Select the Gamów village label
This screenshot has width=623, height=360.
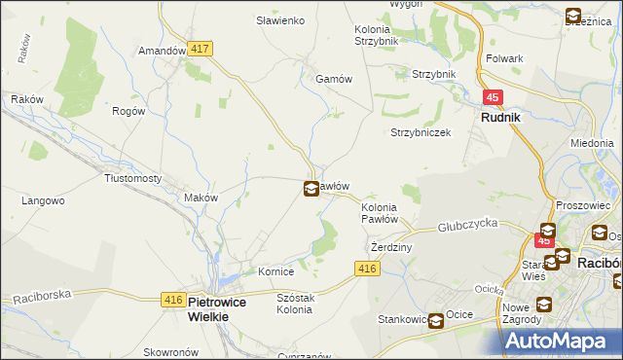pyautogui.click(x=332, y=79)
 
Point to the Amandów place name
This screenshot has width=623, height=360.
pyautogui.click(x=162, y=51)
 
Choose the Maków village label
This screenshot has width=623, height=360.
pyautogui.click(x=201, y=197)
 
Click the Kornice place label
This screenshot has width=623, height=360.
pyautogui.click(x=276, y=271)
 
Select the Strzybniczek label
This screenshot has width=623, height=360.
pyautogui.click(x=421, y=132)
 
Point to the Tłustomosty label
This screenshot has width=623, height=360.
pyautogui.click(x=132, y=178)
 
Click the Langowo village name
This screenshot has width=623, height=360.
pyautogui.click(x=43, y=200)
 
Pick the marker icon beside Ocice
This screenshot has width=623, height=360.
pyautogui.click(x=437, y=319)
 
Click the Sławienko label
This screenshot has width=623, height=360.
pyautogui.click(x=280, y=20)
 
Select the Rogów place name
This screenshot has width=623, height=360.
pyautogui.click(x=128, y=111)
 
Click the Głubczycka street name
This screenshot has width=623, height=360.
pyautogui.click(x=468, y=223)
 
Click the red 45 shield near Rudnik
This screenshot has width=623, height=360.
pyautogui.click(x=494, y=97)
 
